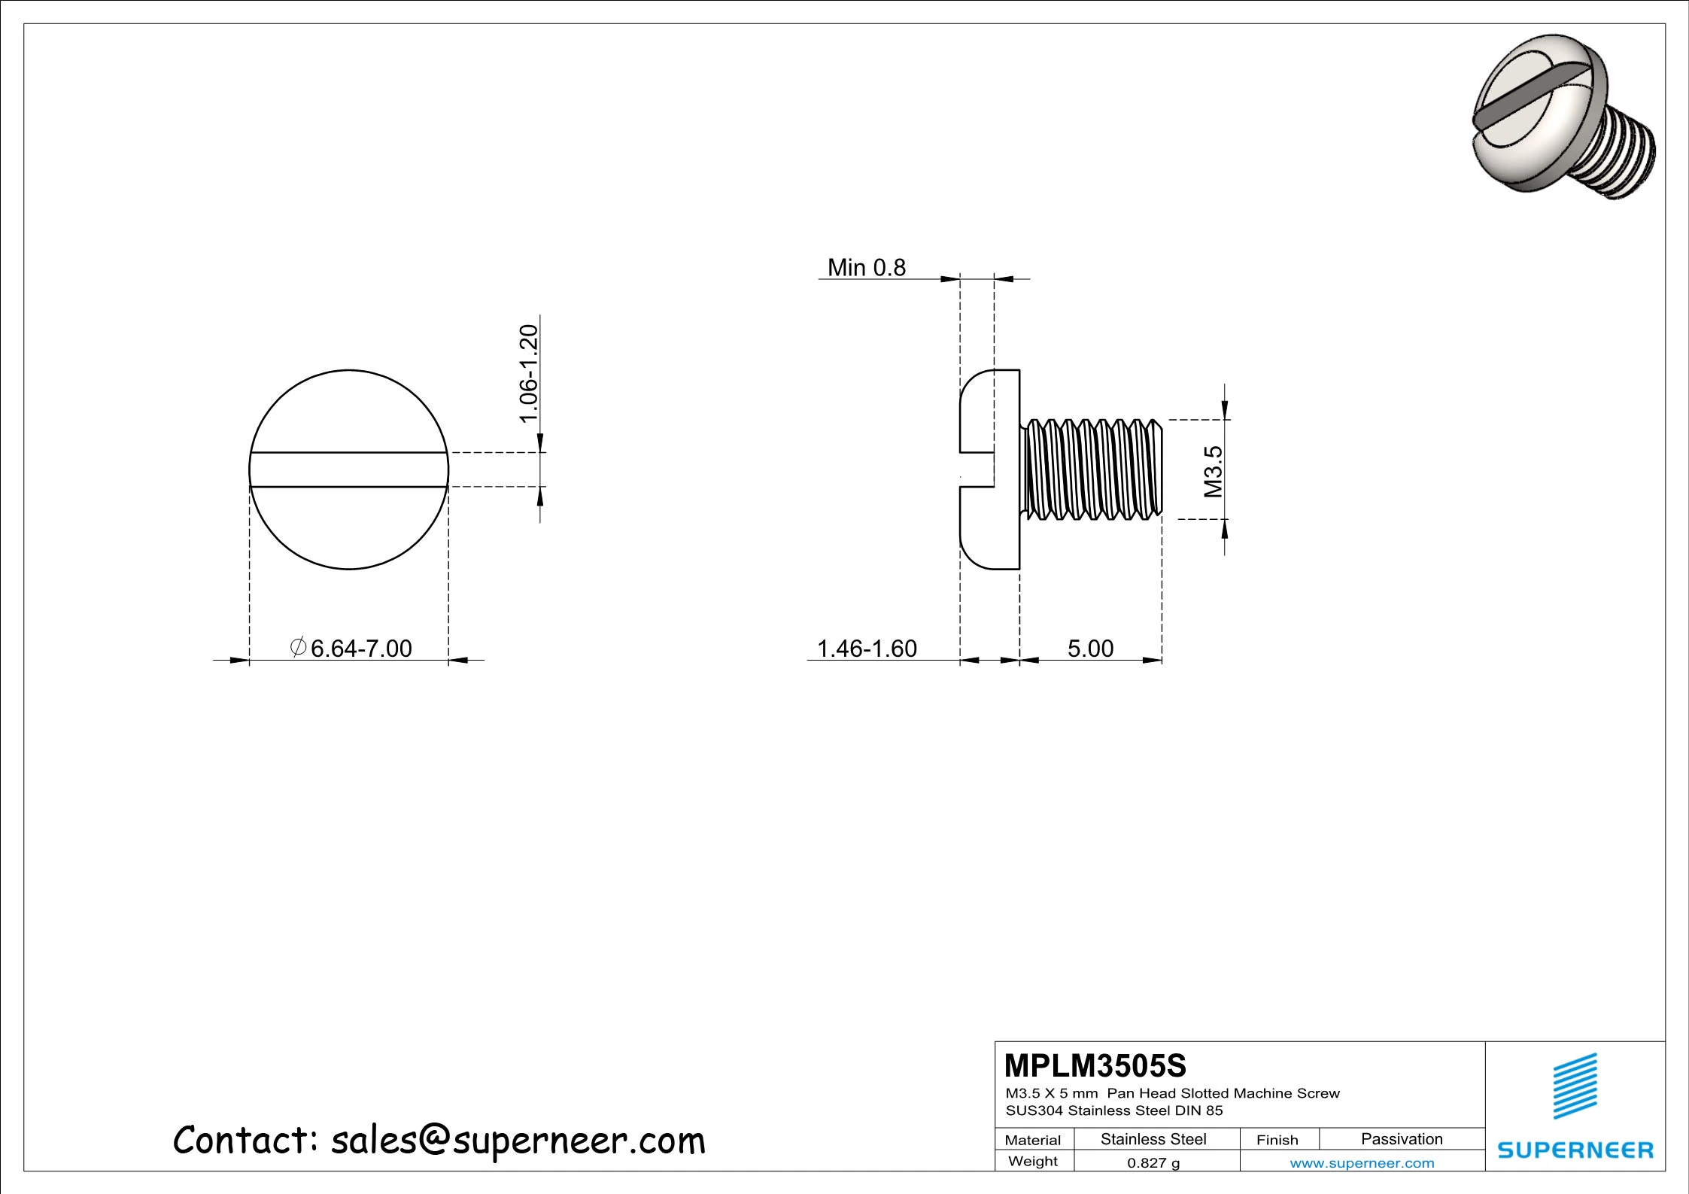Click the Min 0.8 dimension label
pyautogui.click(x=866, y=267)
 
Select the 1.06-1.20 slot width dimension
pyautogui.click(x=530, y=374)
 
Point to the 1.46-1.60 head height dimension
pyautogui.click(x=867, y=648)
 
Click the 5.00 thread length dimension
pyautogui.click(x=1090, y=648)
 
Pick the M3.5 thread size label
pyautogui.click(x=1213, y=472)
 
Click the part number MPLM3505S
pyautogui.click(x=1095, y=1065)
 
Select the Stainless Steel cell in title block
pyautogui.click(x=1153, y=1139)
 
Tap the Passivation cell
pyautogui.click(x=1402, y=1139)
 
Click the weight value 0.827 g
pyautogui.click(x=1153, y=1162)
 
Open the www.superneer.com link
pyautogui.click(x=1362, y=1163)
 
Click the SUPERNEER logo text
pyautogui.click(x=1575, y=1150)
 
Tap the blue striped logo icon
pyautogui.click(x=1575, y=1086)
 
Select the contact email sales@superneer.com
pyautogui.click(x=518, y=1141)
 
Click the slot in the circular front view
pyautogui.click(x=348, y=469)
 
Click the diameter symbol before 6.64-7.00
pyautogui.click(x=298, y=646)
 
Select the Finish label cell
pyautogui.click(x=1277, y=1140)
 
